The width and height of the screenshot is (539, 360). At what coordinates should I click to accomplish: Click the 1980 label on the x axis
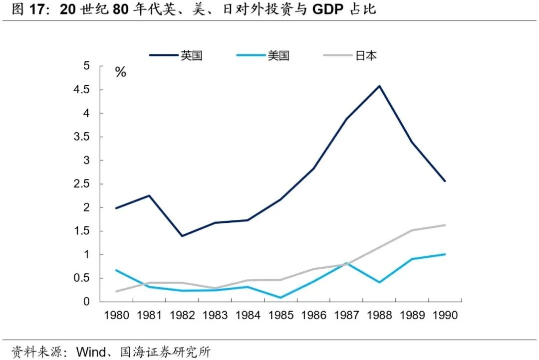tap(117, 316)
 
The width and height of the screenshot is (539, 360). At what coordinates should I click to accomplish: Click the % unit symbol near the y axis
tap(120, 73)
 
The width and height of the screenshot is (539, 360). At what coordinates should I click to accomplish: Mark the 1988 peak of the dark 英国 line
tap(379, 86)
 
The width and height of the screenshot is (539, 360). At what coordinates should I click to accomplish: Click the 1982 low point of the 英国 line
tap(182, 236)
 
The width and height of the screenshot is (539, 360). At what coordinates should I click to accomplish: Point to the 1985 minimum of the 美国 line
tap(280, 298)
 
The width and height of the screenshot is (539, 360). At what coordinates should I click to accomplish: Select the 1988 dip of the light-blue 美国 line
tap(379, 282)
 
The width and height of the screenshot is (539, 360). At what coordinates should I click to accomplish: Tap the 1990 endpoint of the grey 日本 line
tap(445, 225)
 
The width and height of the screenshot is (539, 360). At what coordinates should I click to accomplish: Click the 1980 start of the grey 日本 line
tap(117, 291)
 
